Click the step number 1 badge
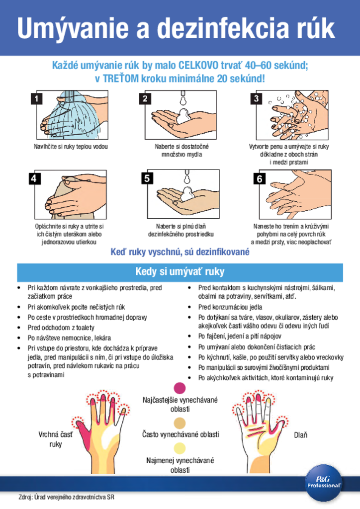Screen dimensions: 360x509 point(36,98)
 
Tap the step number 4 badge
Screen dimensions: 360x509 point(34,178)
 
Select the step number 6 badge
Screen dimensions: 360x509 point(260,178)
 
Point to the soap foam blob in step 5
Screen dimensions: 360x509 point(187,194)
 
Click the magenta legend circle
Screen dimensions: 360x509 point(180,388)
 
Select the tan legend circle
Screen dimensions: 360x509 point(180,423)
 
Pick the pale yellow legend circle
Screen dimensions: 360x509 point(180,448)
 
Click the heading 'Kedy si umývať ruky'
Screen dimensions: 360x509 point(180,271)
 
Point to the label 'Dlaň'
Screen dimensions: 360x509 point(301,435)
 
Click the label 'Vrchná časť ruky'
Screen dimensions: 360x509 point(56,439)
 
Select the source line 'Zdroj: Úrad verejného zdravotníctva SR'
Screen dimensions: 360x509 point(67,497)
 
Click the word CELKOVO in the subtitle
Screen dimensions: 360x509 point(198,66)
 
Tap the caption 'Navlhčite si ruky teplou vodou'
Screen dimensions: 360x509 point(71,147)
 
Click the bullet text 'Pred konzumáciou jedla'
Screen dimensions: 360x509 point(230,307)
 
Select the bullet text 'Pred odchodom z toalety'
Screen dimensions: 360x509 point(61,328)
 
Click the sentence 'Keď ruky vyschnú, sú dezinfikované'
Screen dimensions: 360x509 point(180,252)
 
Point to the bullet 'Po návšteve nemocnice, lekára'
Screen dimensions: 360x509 point(69,338)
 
